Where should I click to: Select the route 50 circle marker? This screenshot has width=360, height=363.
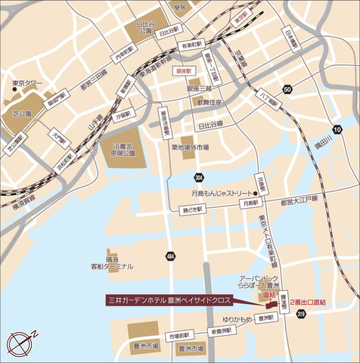click(x=287, y=89)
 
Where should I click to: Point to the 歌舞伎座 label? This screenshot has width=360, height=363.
click(x=211, y=102)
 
